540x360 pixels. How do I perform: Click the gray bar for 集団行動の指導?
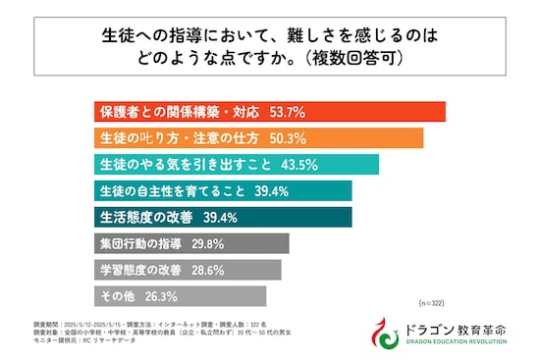pos(191,243)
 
